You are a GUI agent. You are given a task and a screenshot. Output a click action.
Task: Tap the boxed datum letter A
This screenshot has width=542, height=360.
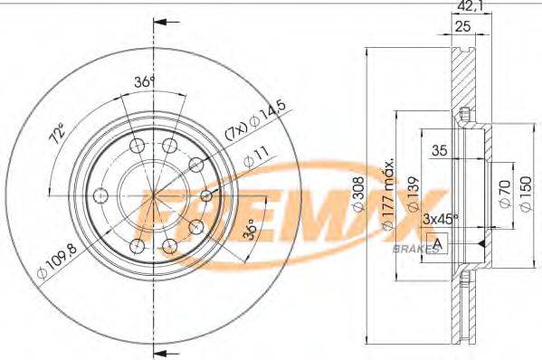tap(439, 244)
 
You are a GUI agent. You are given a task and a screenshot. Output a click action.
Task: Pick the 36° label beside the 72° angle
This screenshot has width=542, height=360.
tap(141, 82)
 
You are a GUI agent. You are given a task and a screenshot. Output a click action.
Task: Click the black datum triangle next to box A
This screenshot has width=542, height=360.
tap(480, 244)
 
